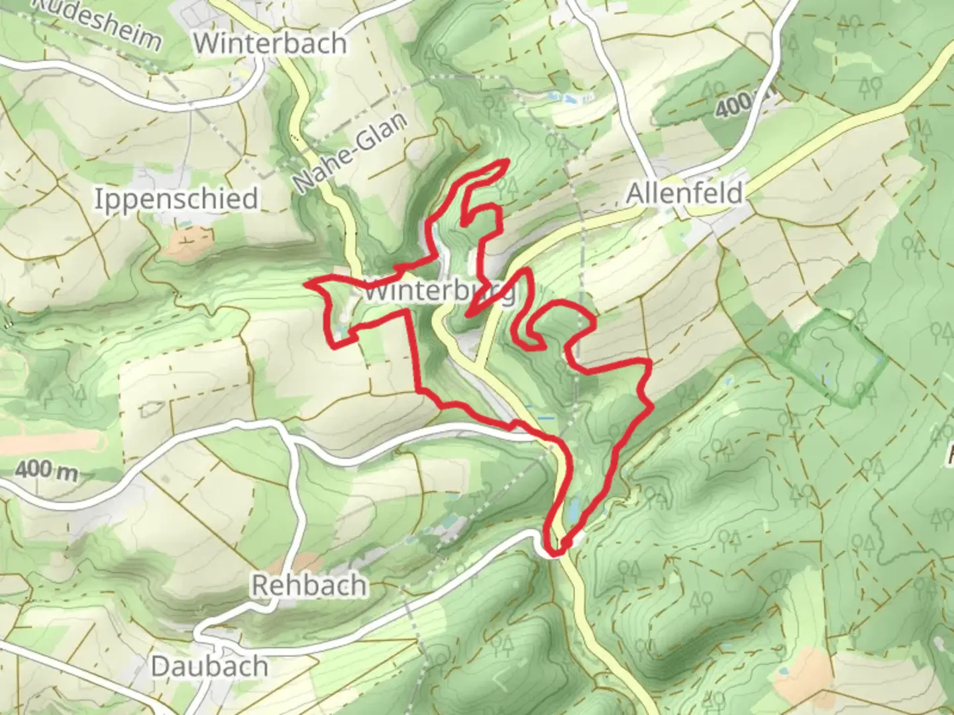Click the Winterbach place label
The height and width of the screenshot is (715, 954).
(271, 44)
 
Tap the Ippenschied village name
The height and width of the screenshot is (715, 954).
(176, 199)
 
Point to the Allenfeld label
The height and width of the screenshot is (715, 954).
(684, 193)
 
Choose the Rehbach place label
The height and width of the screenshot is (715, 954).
(309, 585)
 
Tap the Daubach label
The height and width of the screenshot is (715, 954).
(209, 666)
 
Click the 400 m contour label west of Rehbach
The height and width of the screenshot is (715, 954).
(45, 470)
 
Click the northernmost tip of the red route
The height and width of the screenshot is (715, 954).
(507, 161)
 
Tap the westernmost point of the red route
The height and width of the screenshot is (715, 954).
(306, 284)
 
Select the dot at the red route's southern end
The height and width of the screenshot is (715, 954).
(566, 544)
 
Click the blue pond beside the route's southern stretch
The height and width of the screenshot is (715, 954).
(574, 508)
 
